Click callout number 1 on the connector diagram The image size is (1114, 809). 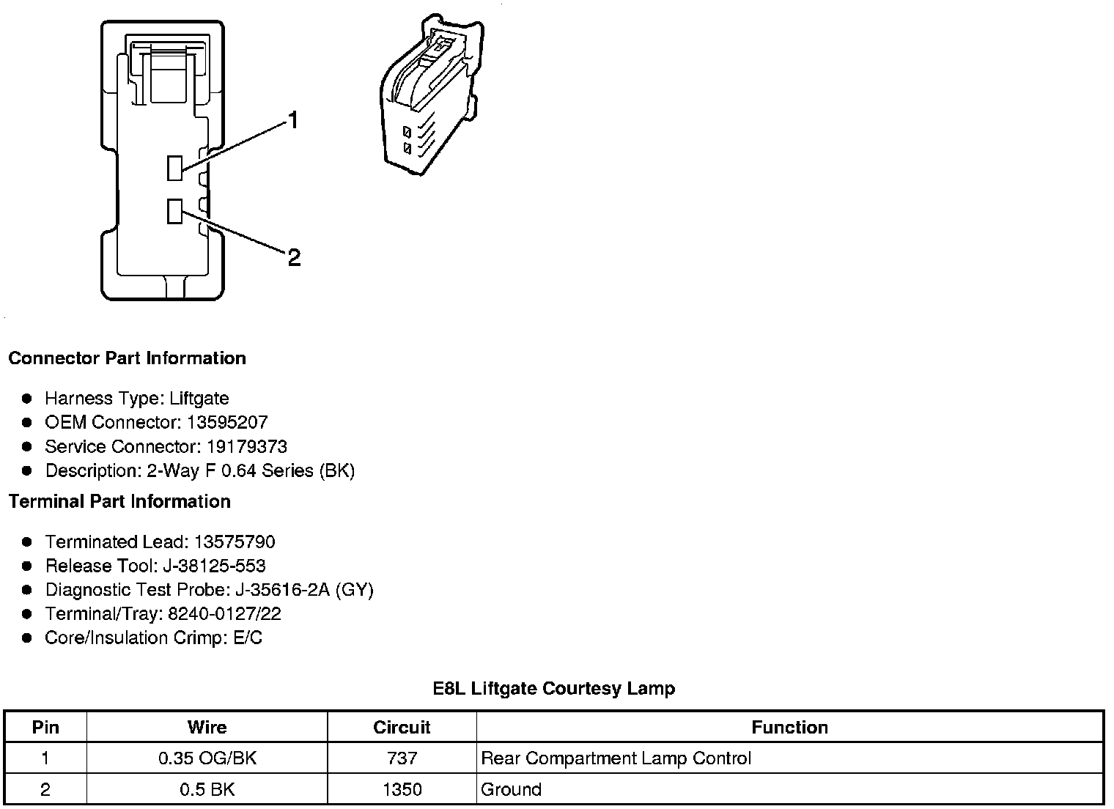(x=293, y=120)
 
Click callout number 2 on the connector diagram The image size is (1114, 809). (x=294, y=257)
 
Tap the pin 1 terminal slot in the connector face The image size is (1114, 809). (x=174, y=168)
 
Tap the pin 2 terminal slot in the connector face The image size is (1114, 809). (x=174, y=211)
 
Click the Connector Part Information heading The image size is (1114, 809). (x=127, y=358)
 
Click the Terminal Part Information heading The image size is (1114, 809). (x=119, y=501)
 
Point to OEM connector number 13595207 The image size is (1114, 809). (x=227, y=422)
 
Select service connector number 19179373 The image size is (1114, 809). (x=246, y=446)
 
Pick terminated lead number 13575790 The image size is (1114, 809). (x=235, y=542)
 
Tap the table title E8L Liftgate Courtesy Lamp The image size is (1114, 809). (x=554, y=688)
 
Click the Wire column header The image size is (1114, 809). (x=207, y=727)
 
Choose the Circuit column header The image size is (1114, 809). (x=402, y=727)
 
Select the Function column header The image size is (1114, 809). (x=789, y=727)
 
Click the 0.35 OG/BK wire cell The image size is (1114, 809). (x=207, y=758)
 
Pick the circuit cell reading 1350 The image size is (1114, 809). (x=402, y=789)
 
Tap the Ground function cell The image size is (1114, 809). (x=511, y=789)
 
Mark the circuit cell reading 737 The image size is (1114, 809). (x=402, y=758)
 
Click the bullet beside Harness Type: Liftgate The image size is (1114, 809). (x=27, y=399)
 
